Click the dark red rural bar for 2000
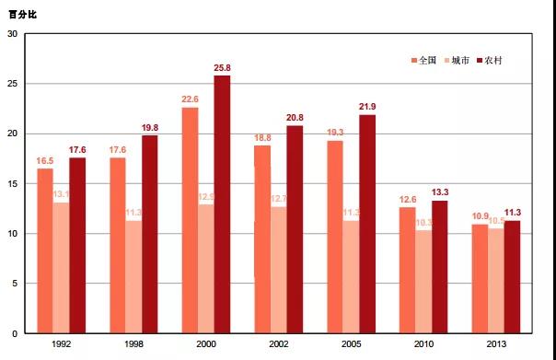click(222, 204)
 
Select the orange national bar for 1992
click(44, 250)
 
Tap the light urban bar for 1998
click(133, 276)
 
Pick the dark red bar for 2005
click(366, 224)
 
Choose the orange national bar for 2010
click(407, 270)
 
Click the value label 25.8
click(222, 68)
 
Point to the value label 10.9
click(480, 216)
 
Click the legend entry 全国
click(426, 60)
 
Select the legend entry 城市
click(459, 60)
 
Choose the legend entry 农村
click(492, 60)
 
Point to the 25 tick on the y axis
click(13, 84)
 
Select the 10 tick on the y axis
click(13, 234)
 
